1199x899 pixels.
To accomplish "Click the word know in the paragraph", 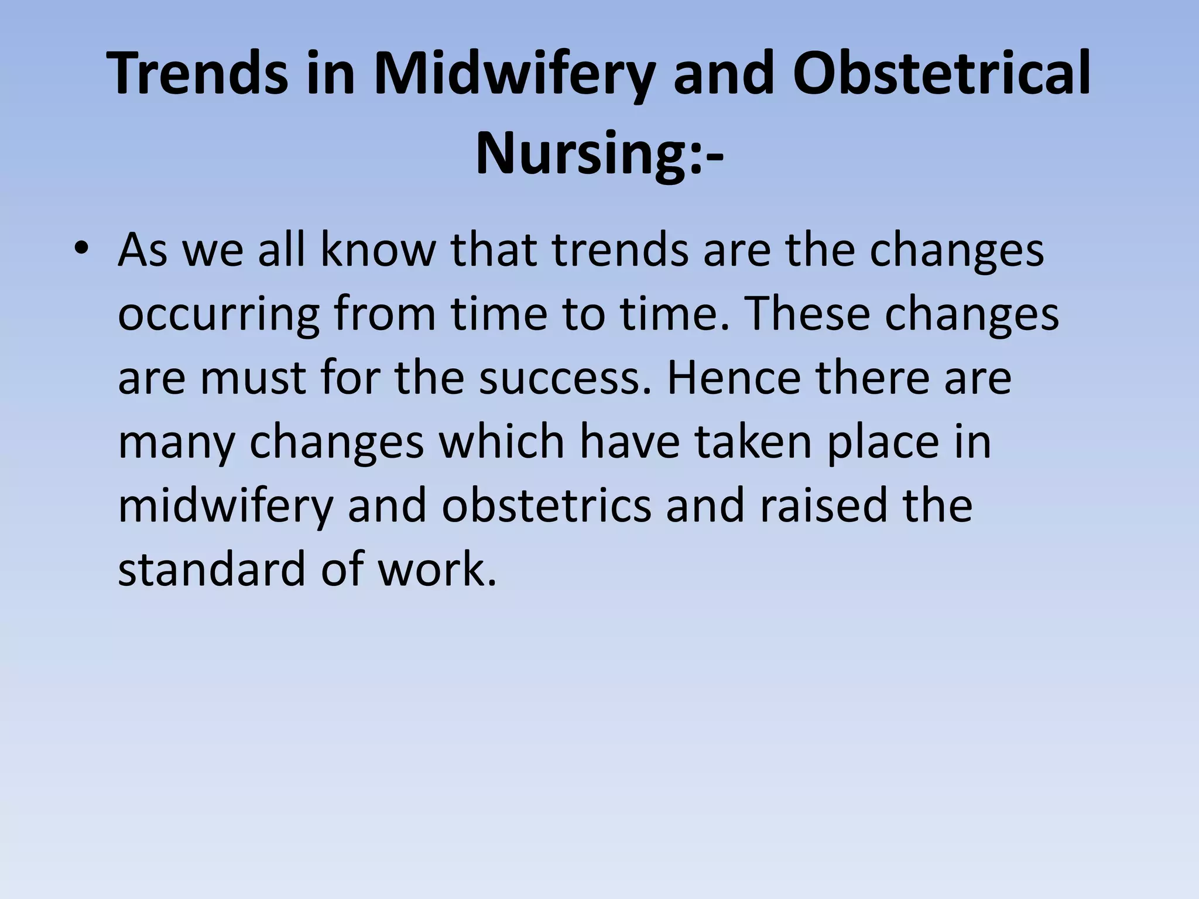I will [x=378, y=251].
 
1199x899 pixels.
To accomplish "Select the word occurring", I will [x=218, y=315].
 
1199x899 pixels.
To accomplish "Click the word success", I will [x=565, y=378].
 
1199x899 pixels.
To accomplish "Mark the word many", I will [x=176, y=442].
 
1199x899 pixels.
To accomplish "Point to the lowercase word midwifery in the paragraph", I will [x=225, y=506].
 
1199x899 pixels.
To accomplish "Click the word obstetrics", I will [x=546, y=506].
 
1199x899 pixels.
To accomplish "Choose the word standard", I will [x=211, y=569].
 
